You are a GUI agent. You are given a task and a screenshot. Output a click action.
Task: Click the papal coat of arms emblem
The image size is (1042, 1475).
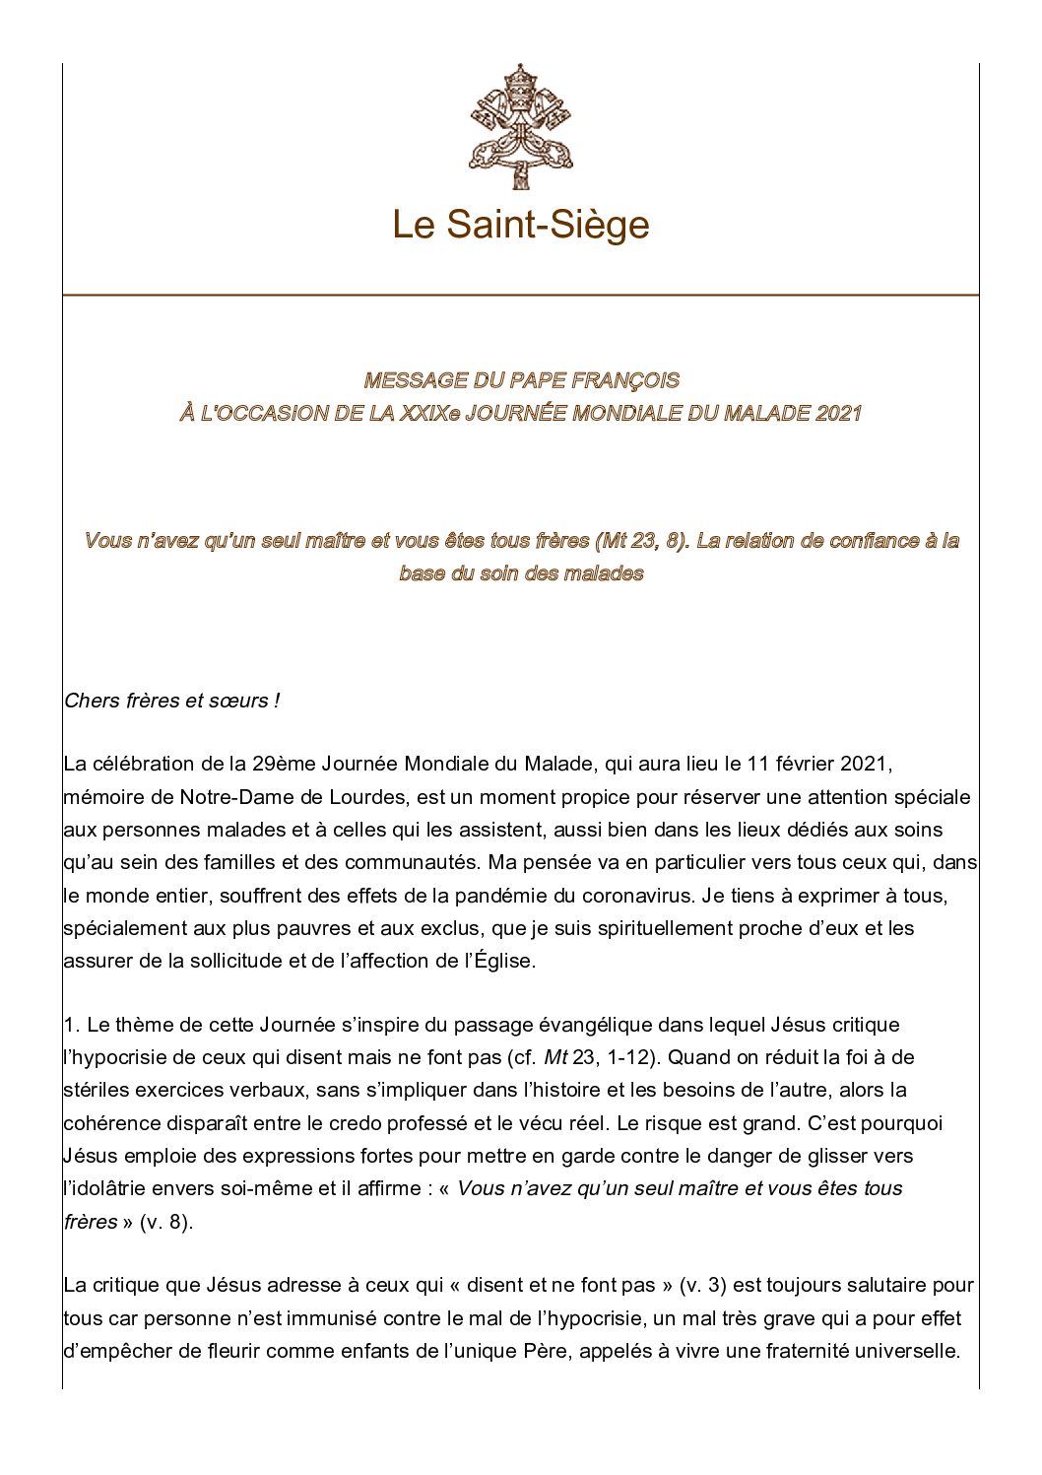click(x=520, y=125)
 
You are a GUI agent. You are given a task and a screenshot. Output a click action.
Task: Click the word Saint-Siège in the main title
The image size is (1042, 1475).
click(x=548, y=225)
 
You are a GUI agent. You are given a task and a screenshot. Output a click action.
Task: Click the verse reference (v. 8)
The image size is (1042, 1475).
click(x=165, y=1222)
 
